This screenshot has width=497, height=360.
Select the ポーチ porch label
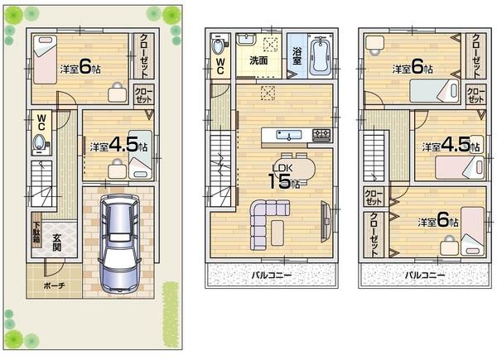52,286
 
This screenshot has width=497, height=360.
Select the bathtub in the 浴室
319,55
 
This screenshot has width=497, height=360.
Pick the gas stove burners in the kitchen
321,135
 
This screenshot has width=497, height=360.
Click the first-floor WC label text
40,118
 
